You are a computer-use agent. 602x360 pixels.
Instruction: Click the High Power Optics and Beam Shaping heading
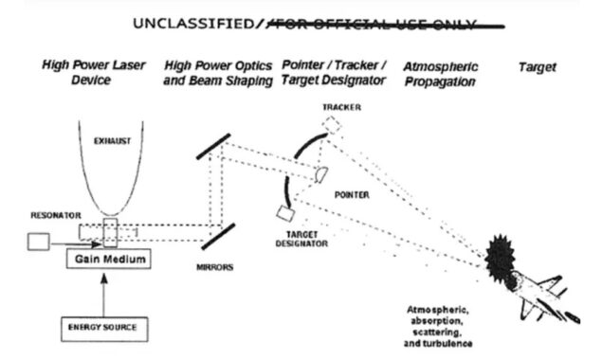coord(219,74)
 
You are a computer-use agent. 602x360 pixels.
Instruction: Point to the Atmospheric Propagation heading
coord(440,74)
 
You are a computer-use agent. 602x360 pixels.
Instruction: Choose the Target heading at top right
coord(538,67)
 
